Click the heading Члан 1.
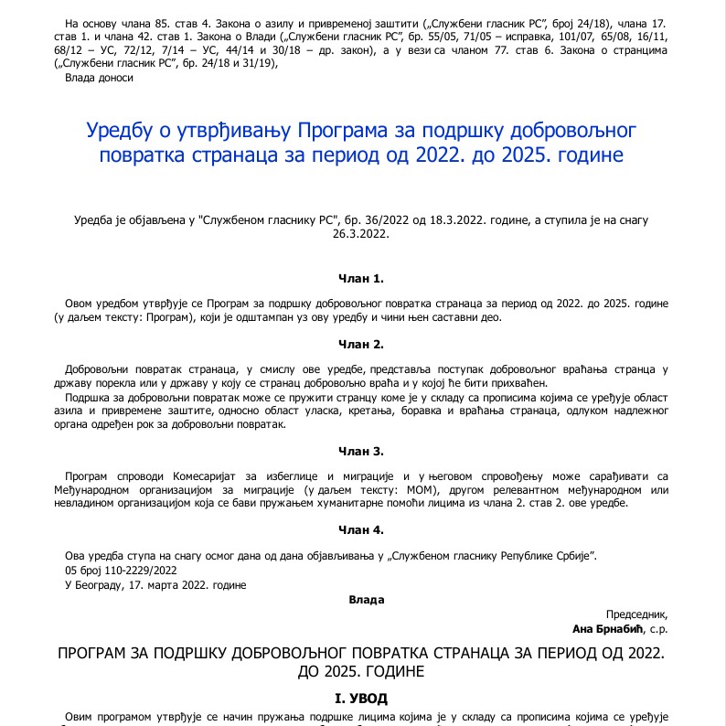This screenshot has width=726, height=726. [362, 278]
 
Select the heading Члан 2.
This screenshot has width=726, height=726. [362, 345]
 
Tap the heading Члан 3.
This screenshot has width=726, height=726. [362, 452]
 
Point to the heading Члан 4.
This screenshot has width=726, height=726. [362, 530]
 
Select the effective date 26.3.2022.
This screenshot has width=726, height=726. [362, 233]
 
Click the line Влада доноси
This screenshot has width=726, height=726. [100, 78]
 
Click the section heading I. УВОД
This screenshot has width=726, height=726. [362, 698]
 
